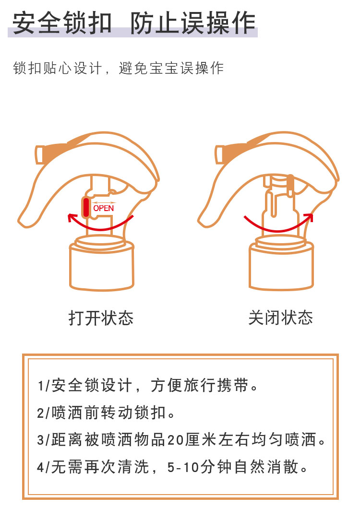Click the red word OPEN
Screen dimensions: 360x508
104,208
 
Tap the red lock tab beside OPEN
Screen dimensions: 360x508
86,207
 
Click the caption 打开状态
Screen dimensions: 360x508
101,318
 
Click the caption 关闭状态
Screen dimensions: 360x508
280,318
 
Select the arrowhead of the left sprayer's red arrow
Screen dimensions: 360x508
72,218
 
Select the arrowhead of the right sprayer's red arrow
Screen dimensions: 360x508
309,217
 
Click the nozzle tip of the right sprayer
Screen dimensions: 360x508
219,154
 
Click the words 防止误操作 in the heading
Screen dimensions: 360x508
193,23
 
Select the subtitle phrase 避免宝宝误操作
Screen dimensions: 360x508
171,69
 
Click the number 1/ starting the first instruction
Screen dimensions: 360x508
44,386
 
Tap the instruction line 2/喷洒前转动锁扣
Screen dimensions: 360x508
106,413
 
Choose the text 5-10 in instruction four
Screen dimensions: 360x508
183,468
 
